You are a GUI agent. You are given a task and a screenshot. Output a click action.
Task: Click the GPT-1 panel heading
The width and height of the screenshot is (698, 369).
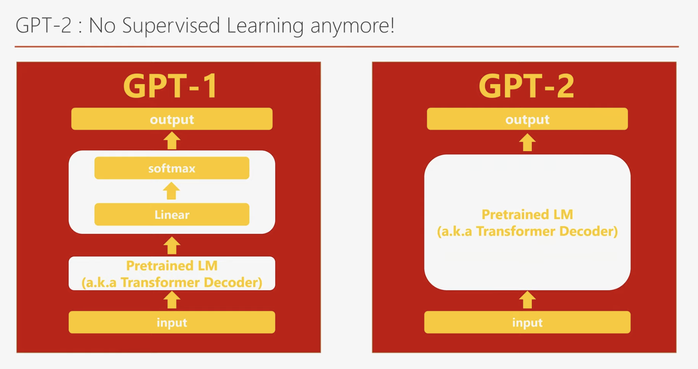tap(170, 86)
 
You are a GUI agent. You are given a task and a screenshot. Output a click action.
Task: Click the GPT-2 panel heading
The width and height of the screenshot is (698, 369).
tap(526, 86)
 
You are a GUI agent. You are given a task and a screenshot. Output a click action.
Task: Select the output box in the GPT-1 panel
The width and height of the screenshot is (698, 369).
tap(172, 119)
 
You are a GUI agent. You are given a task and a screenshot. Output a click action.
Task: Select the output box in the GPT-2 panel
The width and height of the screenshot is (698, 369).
tap(527, 119)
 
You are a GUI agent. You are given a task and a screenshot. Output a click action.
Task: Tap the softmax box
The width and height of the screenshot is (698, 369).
tap(172, 168)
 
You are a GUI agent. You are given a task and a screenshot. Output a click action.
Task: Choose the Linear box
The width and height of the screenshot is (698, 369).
tap(172, 214)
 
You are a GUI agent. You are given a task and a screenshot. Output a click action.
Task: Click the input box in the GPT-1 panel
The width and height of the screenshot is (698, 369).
tap(172, 322)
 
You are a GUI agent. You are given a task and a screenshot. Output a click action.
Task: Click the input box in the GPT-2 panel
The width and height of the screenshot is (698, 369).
tap(527, 322)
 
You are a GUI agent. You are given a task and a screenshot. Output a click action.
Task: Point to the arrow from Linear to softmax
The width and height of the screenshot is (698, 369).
tap(172, 191)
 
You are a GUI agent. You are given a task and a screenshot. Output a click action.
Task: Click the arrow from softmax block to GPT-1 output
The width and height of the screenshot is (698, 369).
tap(172, 141)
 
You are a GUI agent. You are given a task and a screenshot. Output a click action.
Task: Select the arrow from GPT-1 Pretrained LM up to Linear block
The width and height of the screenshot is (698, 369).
tap(172, 246)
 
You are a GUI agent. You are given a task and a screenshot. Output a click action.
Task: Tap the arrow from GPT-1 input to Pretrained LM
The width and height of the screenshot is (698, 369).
tap(172, 300)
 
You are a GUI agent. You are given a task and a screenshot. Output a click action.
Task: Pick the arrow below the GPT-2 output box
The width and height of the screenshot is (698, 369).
tap(527, 143)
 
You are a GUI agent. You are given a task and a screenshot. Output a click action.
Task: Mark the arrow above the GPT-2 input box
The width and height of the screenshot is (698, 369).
tap(527, 300)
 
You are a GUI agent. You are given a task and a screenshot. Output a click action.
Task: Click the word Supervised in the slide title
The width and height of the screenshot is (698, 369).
tap(171, 26)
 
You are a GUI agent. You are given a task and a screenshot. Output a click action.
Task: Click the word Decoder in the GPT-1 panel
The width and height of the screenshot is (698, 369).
tap(233, 282)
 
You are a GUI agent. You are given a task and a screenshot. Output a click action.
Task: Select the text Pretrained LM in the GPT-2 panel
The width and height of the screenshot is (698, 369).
tap(527, 214)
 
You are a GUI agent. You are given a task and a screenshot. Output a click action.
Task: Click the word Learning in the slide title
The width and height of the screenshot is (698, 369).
tap(265, 26)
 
